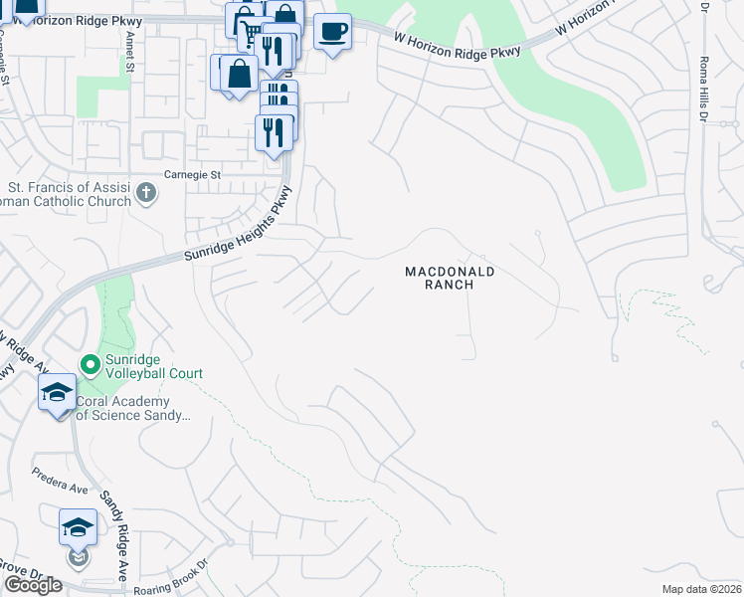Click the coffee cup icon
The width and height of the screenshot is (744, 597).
(332, 32)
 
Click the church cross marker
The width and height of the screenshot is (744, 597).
(146, 192)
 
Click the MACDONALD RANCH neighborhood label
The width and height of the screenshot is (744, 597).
(450, 278)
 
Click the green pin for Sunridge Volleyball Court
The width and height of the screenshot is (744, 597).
(91, 365)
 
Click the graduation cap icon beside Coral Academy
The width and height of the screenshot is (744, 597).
(57, 392)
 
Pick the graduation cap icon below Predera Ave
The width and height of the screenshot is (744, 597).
(78, 528)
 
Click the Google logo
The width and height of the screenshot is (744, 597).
(33, 585)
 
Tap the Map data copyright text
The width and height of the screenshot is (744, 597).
(702, 589)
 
